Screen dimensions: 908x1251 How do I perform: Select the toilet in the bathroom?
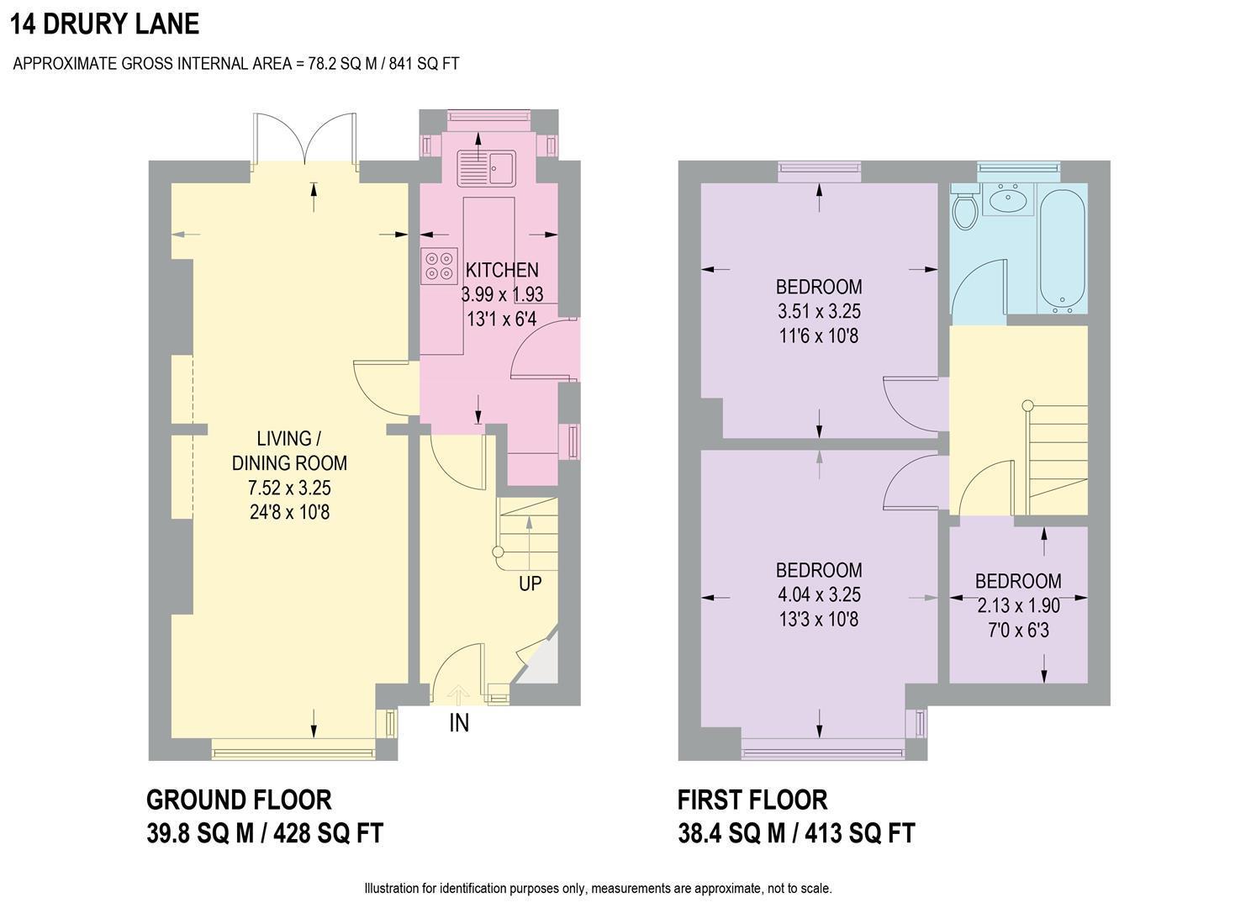[x=965, y=209]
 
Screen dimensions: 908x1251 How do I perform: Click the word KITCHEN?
[x=502, y=270]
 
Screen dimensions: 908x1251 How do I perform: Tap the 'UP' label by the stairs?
[x=530, y=583]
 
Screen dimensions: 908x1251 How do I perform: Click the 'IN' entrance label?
[x=459, y=723]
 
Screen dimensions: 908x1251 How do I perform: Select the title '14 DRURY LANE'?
[x=105, y=24]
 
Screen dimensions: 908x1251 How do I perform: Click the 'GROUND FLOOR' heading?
[x=239, y=799]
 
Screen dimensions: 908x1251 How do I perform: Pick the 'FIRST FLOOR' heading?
[x=752, y=799]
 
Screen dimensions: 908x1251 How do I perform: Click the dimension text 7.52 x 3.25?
[x=289, y=488]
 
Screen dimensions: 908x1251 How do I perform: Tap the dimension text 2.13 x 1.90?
[x=1018, y=605]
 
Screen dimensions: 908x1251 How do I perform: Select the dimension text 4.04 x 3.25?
[x=819, y=594]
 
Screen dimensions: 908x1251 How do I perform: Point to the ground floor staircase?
[x=529, y=534]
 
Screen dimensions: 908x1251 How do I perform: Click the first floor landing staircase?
[x=1057, y=458]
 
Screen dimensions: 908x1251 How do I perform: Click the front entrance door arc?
[x=458, y=673]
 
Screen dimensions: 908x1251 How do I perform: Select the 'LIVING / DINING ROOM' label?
[x=289, y=451]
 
